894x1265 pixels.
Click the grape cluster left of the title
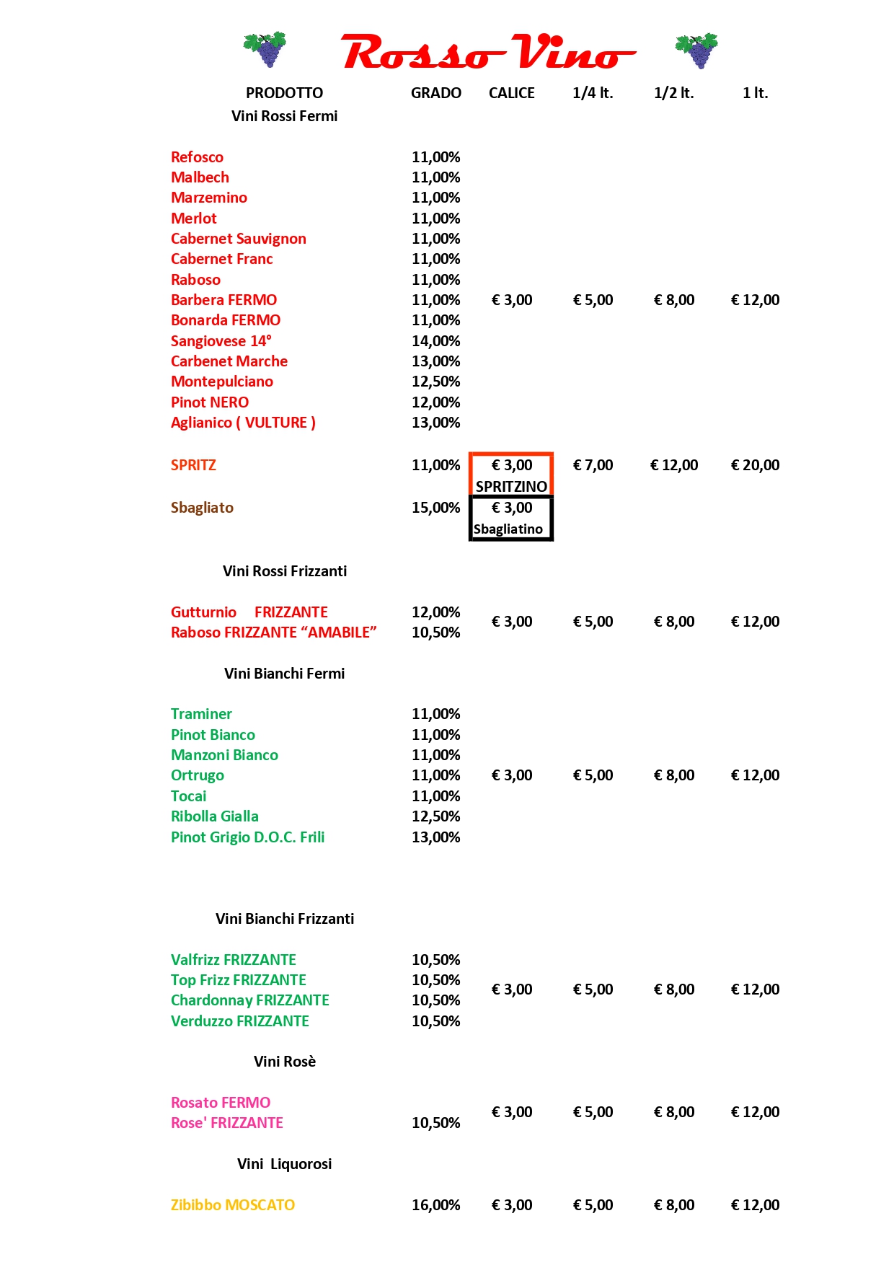266,49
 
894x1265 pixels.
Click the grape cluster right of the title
697,50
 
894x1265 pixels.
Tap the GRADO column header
435,93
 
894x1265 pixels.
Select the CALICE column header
511,93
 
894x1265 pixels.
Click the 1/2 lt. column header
673,93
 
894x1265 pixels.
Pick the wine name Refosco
197,157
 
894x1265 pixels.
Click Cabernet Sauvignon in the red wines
238,239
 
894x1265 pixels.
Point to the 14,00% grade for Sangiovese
435,341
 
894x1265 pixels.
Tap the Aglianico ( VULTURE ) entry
243,423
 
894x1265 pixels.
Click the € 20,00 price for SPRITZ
755,465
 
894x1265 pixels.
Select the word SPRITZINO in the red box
511,486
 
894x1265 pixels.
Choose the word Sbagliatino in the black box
508,529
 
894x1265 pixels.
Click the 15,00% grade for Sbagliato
435,508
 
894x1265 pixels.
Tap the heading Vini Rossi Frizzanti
284,571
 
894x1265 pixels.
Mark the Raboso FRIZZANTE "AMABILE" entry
273,632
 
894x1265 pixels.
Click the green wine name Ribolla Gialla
214,816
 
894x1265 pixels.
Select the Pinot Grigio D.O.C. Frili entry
247,837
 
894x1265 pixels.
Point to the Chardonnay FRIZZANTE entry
249,1000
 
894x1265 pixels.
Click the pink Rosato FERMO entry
221,1103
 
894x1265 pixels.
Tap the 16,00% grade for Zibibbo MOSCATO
435,1205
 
